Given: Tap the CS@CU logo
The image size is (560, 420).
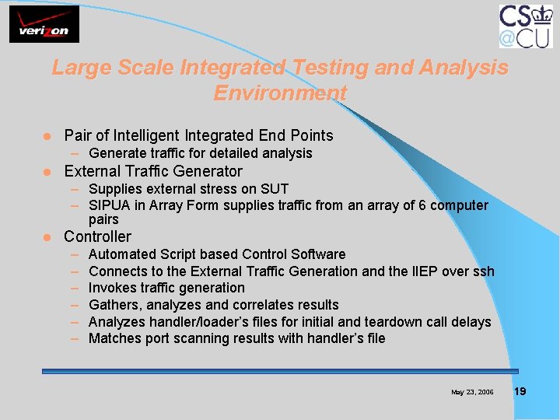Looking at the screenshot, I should (x=526, y=26).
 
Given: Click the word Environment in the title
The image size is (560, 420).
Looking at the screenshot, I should (x=280, y=93).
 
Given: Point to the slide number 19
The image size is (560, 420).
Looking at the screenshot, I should (x=520, y=391).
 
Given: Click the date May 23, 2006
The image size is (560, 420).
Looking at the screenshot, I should (x=472, y=392).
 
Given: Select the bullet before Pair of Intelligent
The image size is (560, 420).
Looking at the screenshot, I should (x=47, y=136).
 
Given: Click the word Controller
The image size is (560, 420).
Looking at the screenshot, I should (x=97, y=236).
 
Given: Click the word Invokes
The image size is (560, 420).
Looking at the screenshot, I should (x=113, y=288).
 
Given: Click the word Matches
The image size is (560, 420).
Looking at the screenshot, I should (x=114, y=338).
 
